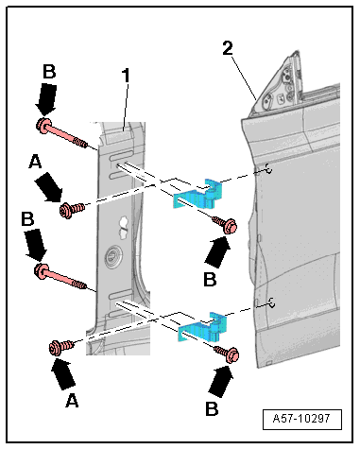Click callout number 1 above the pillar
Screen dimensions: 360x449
pos(126,76)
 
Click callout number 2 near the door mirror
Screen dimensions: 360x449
pos(228,49)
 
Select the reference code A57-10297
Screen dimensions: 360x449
pos(301,419)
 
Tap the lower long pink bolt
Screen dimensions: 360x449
pos(60,277)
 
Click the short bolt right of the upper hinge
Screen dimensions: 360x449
pos(225,224)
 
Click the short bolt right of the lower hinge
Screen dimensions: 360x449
pos(227,353)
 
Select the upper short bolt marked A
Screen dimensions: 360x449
pos(72,210)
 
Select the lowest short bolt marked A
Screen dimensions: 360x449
pos(61,347)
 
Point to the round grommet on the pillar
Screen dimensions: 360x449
pos(111,254)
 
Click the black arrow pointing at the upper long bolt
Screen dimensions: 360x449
pos(46,99)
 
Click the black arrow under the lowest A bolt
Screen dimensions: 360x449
pos(63,373)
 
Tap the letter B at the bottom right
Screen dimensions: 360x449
pos(212,408)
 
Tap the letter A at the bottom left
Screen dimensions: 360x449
pos(72,401)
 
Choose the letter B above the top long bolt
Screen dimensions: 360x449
pos(49,72)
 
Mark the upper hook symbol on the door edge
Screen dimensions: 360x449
pos(266,170)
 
